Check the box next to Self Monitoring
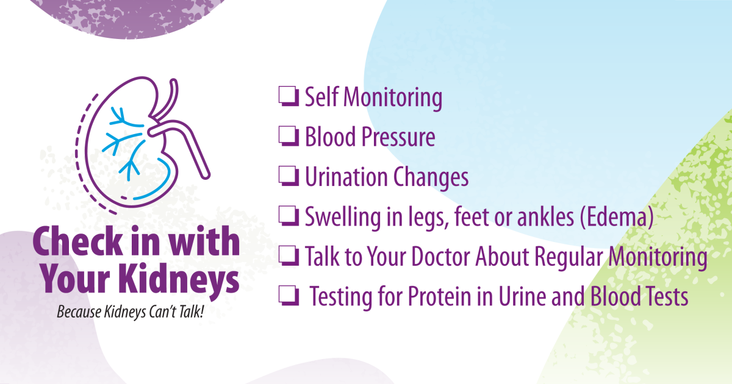pyautogui.click(x=289, y=97)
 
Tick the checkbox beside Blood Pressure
pyautogui.click(x=289, y=137)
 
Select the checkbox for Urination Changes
pyautogui.click(x=289, y=177)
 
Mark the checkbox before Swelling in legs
pyautogui.click(x=289, y=217)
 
